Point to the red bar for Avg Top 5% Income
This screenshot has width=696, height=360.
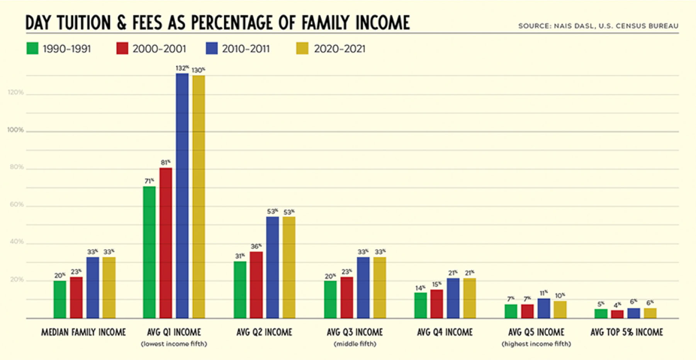tap(617, 314)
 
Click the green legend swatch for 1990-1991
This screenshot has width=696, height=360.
tap(32, 49)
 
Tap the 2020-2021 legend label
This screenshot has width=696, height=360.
tap(339, 49)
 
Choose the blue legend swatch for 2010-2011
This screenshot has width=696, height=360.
tap(212, 49)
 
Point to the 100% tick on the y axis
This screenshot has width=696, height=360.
tap(15, 130)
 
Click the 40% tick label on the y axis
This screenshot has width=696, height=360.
tap(17, 242)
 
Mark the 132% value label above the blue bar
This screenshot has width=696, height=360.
tap(182, 68)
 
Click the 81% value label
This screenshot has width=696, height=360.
tap(165, 163)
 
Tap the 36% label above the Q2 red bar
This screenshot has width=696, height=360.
tap(256, 246)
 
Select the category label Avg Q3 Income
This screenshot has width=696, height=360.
tap(355, 332)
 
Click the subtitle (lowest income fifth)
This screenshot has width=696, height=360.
tap(174, 344)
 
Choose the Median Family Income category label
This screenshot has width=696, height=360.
tap(83, 332)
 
